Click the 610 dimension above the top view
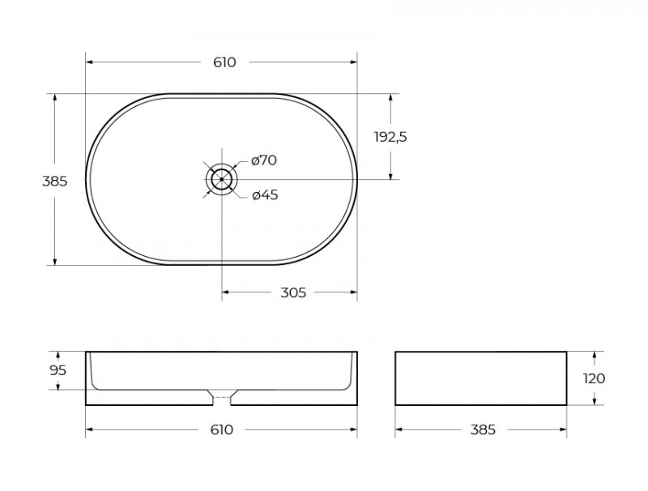pos(224,62)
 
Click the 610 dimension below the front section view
pos(222,430)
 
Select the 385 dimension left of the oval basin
pos(54,181)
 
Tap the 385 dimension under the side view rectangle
pos(483,430)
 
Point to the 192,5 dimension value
pos(390,137)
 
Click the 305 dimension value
pos(293,292)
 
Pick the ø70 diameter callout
pos(264,160)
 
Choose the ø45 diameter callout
pos(265,194)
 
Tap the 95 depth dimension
pos(58,370)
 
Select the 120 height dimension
pos(595,378)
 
